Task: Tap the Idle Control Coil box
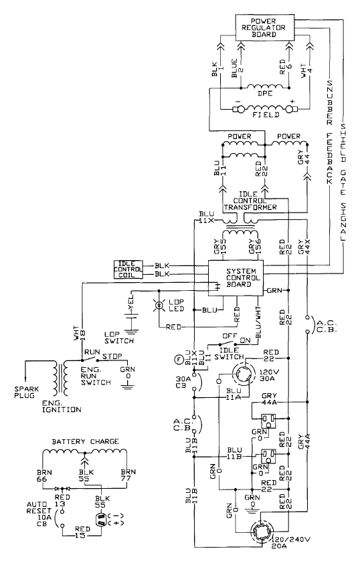(128, 269)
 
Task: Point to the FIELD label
(264, 115)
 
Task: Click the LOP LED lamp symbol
(159, 306)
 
